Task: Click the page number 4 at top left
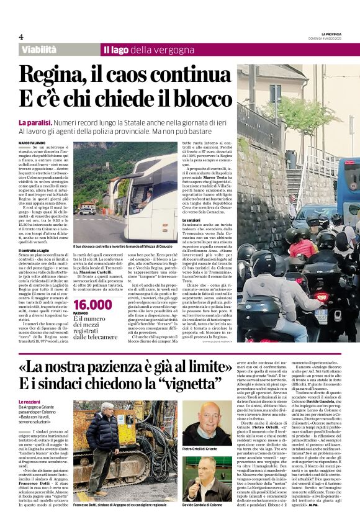21,37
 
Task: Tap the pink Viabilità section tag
43,49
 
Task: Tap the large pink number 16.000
93,305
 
